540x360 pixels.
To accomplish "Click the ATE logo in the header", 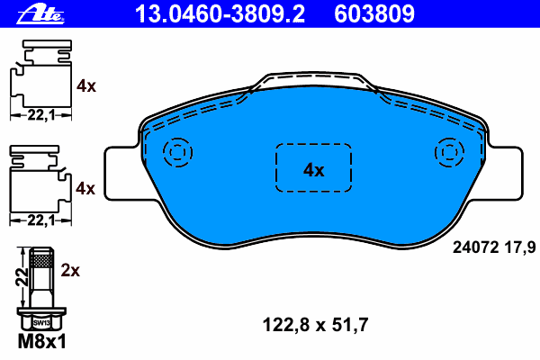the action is click(x=40, y=14).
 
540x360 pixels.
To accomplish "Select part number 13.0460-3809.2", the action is click(x=220, y=14).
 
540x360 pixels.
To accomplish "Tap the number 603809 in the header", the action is click(x=374, y=14).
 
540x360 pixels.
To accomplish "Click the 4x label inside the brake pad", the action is click(x=313, y=170).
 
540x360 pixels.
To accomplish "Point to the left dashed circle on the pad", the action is click(x=177, y=138).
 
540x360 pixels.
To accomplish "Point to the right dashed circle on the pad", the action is click(x=449, y=138).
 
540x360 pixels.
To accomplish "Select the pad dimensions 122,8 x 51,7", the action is click(x=316, y=325).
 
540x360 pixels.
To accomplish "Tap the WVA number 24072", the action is click(x=475, y=247).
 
